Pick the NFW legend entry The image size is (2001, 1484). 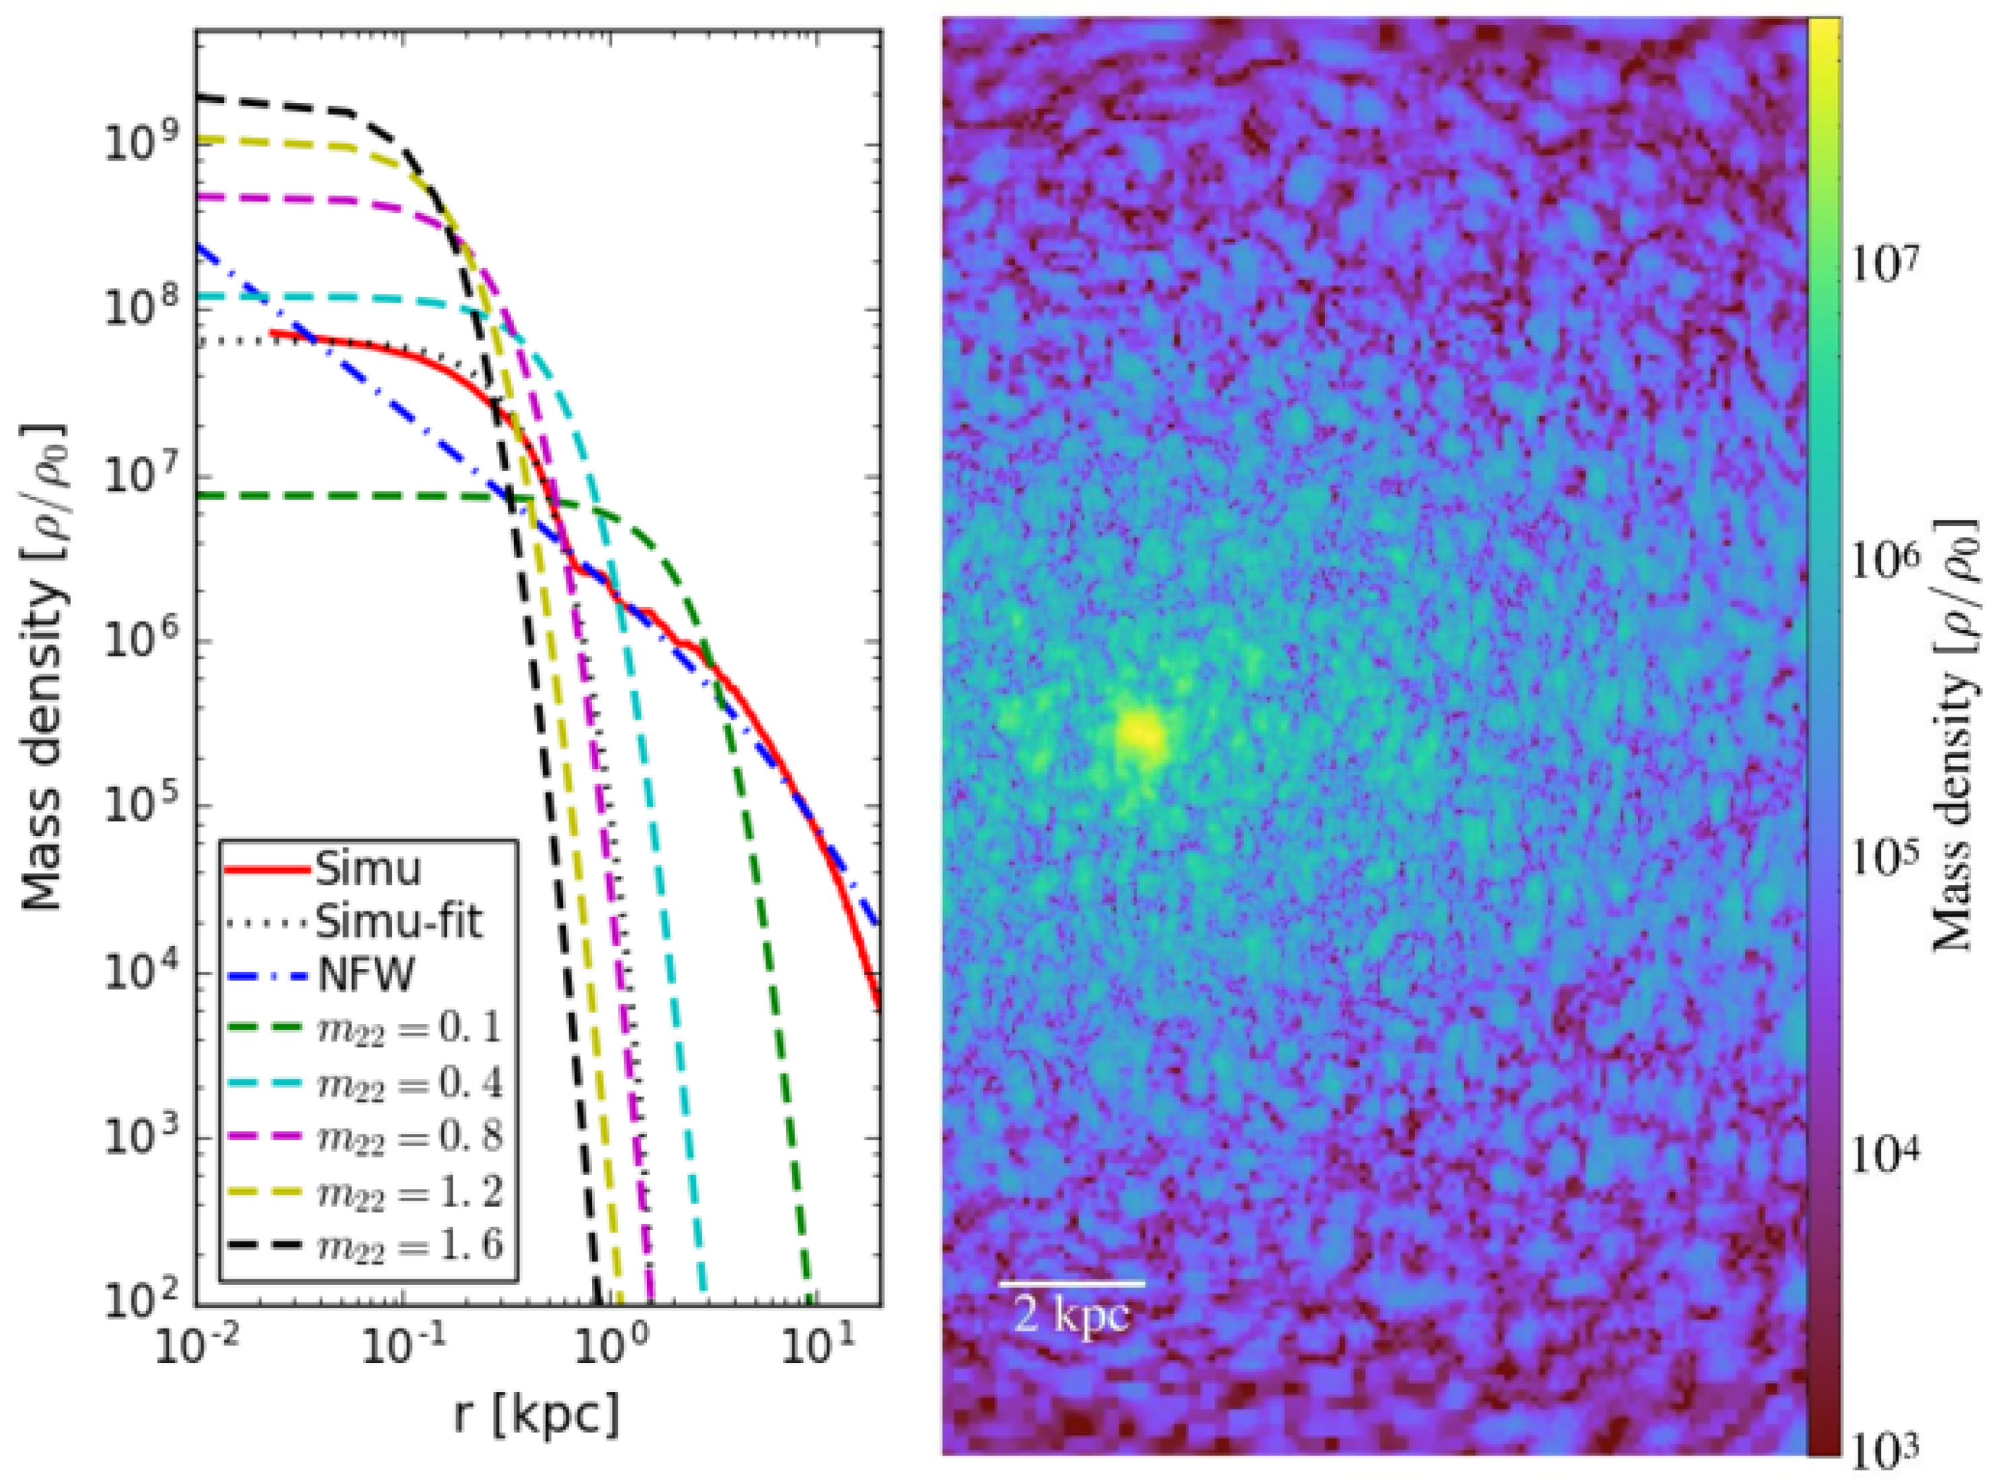pos(365,976)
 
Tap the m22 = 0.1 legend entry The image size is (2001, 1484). pos(410,1029)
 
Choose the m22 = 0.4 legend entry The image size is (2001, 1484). pos(410,1084)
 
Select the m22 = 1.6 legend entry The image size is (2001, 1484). pos(410,1246)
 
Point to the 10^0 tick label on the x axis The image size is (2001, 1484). pos(609,1348)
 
